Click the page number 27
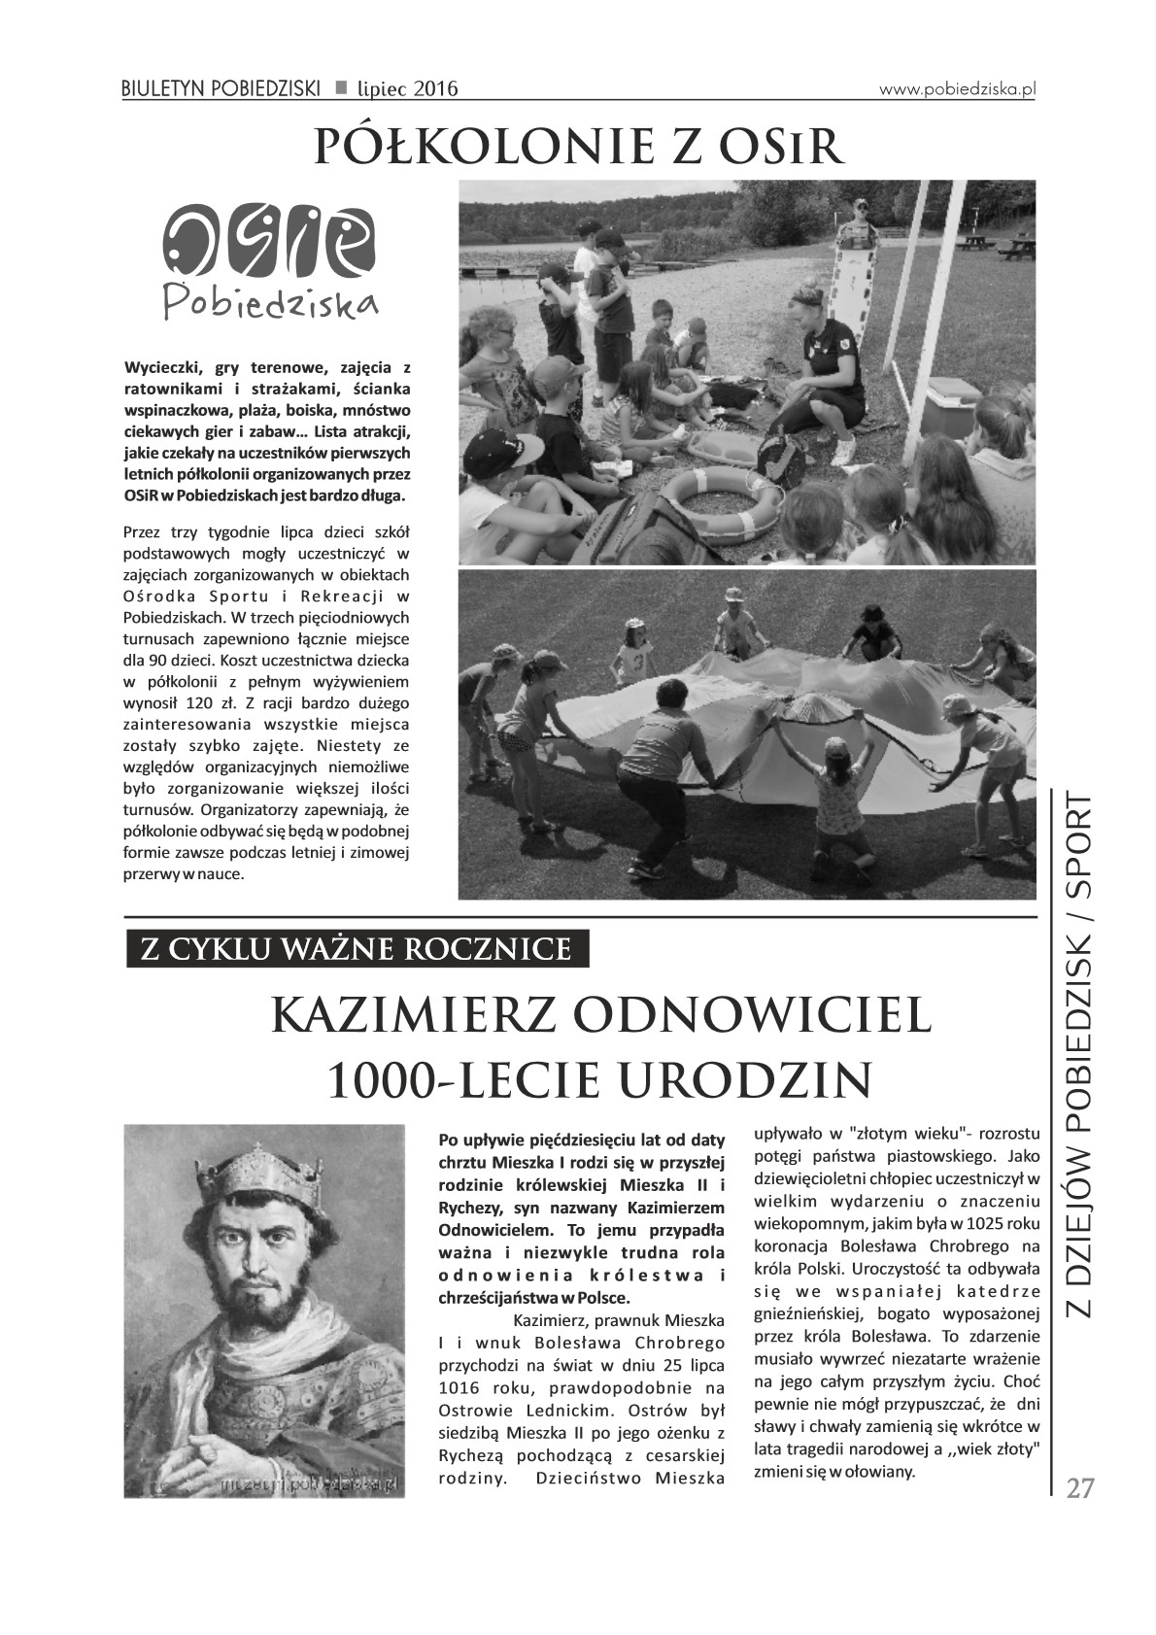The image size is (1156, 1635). pyautogui.click(x=1079, y=1488)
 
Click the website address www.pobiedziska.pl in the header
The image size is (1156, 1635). pyautogui.click(x=958, y=88)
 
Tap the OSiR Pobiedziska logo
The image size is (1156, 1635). pyautogui.click(x=269, y=260)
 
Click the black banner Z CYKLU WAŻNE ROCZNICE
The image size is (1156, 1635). pyautogui.click(x=357, y=948)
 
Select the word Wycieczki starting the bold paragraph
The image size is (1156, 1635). pyautogui.click(x=160, y=368)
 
